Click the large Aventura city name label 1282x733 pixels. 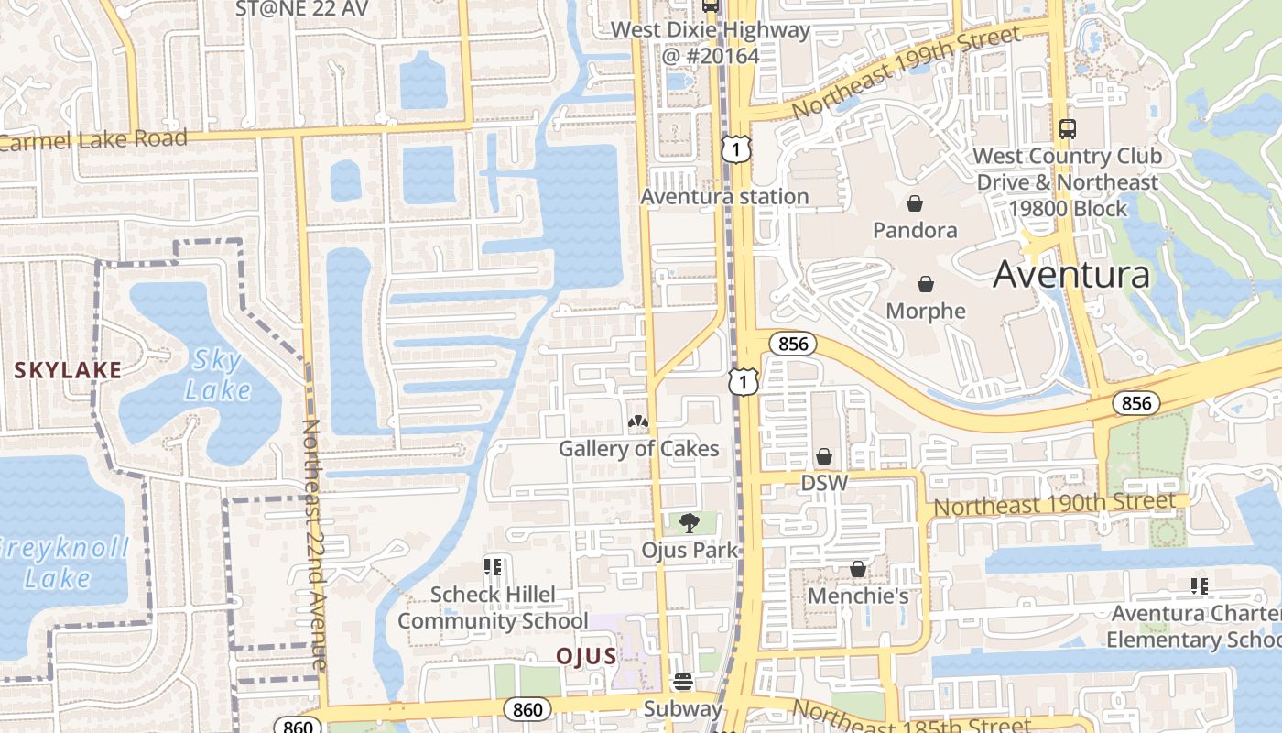1071,274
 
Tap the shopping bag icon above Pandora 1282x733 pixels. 914,202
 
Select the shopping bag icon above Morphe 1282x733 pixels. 926,284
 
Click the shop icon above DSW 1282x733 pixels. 824,455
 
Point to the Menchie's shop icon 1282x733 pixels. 858,569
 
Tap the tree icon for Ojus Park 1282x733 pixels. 690,522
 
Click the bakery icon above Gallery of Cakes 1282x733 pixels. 638,421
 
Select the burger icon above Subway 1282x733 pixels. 683,682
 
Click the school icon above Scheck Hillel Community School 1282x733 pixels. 493,567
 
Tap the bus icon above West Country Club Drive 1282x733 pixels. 1067,129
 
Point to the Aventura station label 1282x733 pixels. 724,196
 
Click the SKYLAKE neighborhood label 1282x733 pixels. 68,370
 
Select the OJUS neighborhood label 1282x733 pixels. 586,656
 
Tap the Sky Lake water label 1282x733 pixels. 217,375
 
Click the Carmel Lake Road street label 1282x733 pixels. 93,140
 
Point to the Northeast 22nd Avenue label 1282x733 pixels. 313,544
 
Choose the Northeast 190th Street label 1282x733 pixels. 1054,503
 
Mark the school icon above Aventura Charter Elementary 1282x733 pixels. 1199,586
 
